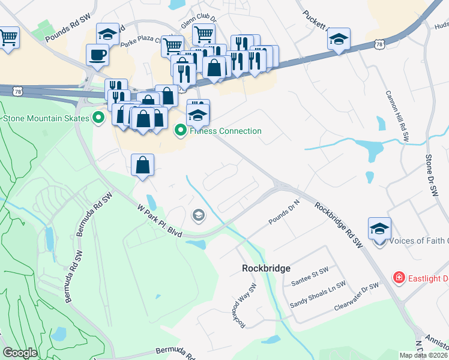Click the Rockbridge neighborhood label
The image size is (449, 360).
pyautogui.click(x=266, y=268)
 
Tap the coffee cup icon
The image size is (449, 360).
pyautogui.click(x=98, y=56)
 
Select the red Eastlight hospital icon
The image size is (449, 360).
pyautogui.click(x=398, y=277)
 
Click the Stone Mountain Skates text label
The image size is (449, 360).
pyautogui.click(x=46, y=118)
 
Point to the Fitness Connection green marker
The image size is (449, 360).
pyautogui.click(x=179, y=130)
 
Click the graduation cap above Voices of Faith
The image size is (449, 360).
pyautogui.click(x=379, y=229)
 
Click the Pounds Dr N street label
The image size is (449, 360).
pyautogui.click(x=284, y=214)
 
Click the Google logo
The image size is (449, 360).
pyautogui.click(x=20, y=353)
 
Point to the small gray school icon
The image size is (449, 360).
pyautogui.click(x=197, y=215)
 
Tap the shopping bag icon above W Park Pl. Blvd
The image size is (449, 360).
pyautogui.click(x=143, y=166)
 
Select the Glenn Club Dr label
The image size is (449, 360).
pyautogui.click(x=198, y=26)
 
